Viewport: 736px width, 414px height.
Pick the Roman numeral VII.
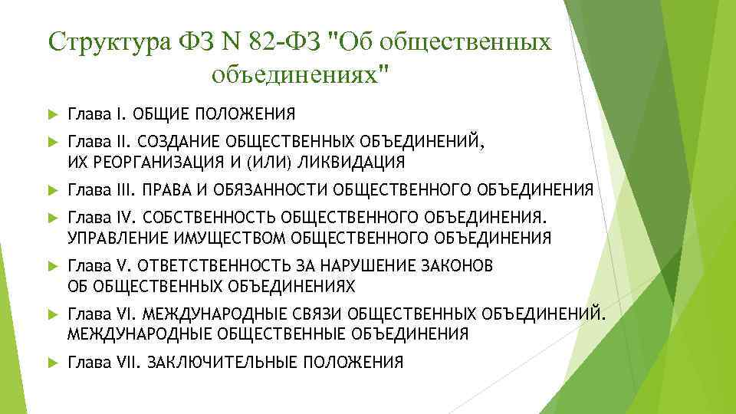click(124, 362)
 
